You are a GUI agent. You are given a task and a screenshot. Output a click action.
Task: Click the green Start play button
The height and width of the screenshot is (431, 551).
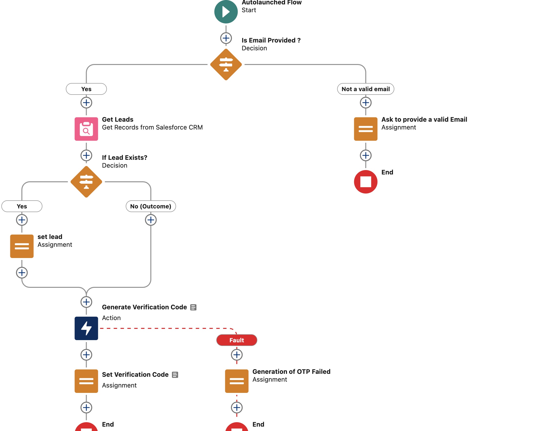pos(226,12)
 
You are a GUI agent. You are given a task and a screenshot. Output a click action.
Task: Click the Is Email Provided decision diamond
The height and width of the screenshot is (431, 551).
pos(226,65)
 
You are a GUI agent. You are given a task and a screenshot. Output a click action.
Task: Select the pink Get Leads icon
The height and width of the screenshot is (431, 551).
pos(86,129)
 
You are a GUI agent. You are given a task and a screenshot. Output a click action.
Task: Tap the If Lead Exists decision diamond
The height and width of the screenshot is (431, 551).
pos(86,182)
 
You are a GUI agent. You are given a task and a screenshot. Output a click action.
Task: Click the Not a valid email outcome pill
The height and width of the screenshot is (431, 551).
pos(365,89)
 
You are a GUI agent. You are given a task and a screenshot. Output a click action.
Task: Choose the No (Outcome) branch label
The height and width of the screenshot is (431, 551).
pos(151,206)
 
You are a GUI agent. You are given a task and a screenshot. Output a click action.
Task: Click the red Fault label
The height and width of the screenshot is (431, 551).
pos(236,340)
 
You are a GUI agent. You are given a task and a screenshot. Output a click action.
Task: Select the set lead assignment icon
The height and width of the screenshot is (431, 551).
pos(22,246)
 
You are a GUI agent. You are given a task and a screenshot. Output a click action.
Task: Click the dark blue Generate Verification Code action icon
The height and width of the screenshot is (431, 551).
pos(86,328)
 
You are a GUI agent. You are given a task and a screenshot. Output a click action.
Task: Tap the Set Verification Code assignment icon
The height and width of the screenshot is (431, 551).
pos(86,381)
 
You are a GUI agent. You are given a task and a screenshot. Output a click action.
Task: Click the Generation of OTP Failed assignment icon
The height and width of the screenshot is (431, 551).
pos(236,381)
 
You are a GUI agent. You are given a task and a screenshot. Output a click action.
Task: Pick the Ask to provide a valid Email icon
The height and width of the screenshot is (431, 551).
pos(365,129)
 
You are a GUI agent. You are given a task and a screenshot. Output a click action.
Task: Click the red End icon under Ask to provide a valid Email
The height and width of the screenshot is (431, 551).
pos(365,182)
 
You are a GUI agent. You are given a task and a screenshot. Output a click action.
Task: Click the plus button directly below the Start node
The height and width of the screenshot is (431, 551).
pos(226,38)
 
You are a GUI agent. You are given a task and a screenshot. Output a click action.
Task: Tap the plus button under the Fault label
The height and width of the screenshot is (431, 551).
pos(236,355)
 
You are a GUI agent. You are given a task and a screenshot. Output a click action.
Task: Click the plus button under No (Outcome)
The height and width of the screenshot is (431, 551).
pos(151,220)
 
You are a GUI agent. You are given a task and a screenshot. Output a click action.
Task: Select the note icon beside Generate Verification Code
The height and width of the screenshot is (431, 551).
pos(193,307)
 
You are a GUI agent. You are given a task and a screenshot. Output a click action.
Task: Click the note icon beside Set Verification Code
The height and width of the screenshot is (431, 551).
pos(175,375)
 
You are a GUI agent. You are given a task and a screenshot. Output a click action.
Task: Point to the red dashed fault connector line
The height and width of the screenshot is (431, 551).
pos(164,328)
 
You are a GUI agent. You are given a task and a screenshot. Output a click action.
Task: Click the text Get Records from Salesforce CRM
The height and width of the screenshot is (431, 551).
pos(152,128)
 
